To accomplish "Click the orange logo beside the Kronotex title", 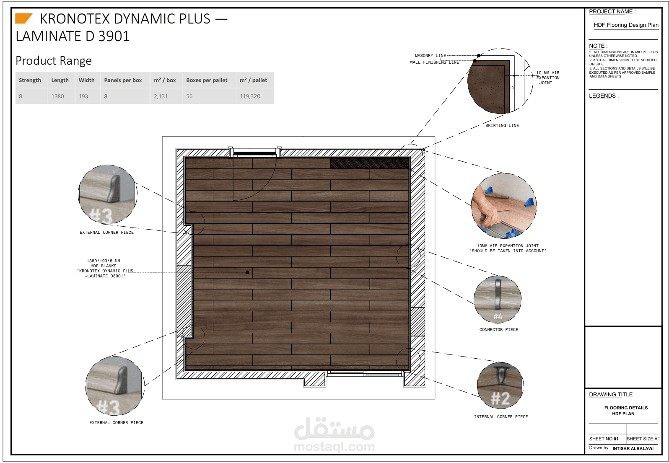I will coord(23,18).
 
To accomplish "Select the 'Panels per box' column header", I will coord(123,80).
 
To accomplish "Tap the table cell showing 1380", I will coord(57,96).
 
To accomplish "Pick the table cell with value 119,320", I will coord(250,96).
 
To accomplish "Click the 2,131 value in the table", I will coord(161,96).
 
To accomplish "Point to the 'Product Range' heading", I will coord(54,61).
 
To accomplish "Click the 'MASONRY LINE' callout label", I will coord(430,56).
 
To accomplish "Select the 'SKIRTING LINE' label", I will coord(502,126).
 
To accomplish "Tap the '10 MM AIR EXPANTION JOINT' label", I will coord(547,78).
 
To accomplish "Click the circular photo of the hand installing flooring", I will coord(504,206).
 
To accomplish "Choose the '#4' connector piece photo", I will coord(498,299).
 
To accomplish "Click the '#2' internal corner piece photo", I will coord(500,386).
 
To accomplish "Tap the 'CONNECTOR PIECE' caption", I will coord(498,330).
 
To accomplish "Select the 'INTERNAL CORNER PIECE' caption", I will coord(501,417).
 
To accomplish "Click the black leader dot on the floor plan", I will coord(247,272).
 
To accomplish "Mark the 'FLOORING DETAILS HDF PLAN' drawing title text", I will coord(625,411).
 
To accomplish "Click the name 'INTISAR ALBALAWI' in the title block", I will coord(633,448).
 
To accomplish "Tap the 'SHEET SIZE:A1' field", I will coord(643,439).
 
